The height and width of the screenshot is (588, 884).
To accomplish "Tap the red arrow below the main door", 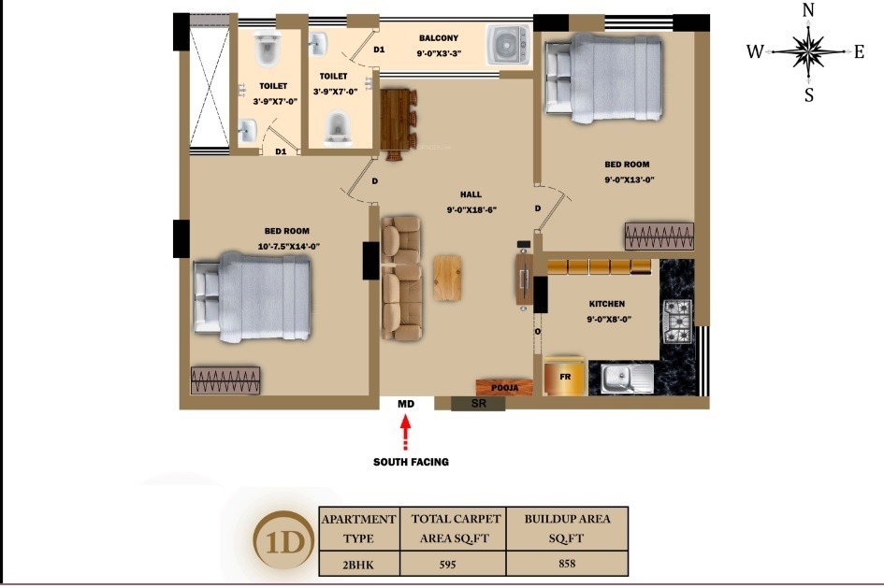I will pos(405,434).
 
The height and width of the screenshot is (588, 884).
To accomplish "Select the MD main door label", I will pos(405,404).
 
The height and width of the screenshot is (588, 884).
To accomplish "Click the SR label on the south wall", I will pos(478,404).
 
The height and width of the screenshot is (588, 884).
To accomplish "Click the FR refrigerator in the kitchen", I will pos(565,376).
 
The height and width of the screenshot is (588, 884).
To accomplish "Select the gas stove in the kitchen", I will pos(676,320).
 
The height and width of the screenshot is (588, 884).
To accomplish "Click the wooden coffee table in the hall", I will pos(448,279).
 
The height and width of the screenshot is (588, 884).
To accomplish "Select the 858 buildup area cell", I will pos(567,563).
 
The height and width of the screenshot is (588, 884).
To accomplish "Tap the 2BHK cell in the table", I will pos(359,564).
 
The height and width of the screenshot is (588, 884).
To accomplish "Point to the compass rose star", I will pos(807,51).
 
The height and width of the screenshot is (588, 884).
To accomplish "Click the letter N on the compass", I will pos(808,10).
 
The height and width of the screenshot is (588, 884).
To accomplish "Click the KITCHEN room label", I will pos(606,304).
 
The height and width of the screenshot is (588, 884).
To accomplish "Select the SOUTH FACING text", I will pos(411,462).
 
